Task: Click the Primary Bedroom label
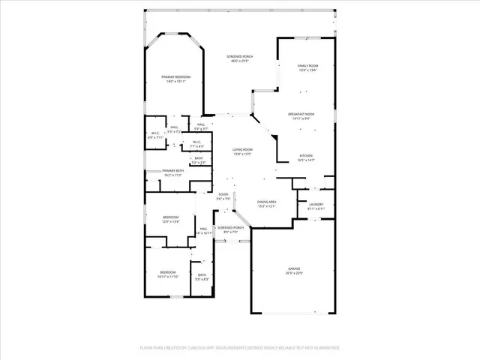coord(175,77)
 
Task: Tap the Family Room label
coord(307,66)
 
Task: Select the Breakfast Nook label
coord(301,114)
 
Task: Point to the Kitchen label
coord(306,156)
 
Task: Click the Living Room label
coord(241,149)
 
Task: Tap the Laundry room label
coord(316,204)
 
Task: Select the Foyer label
coord(223,194)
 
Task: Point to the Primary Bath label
coord(173,171)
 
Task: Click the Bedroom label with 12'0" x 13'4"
coord(171,217)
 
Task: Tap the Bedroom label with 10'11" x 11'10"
coord(166,272)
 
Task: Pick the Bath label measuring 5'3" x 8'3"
coord(202,275)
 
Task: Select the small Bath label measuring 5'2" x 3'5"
coord(199,158)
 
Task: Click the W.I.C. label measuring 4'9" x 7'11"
coord(155,134)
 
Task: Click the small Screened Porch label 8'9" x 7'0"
coord(230,227)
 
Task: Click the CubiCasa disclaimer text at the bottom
coord(240,347)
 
